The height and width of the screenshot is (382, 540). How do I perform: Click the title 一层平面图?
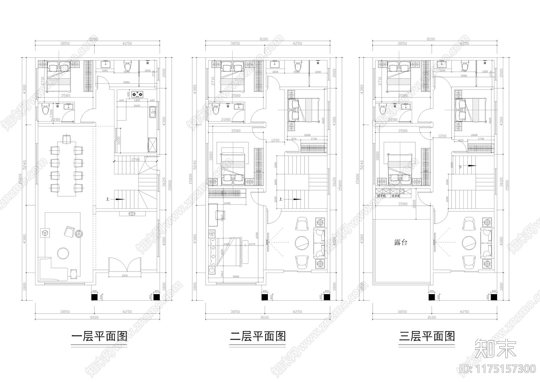[99, 336]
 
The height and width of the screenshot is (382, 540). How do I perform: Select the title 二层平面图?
[258, 336]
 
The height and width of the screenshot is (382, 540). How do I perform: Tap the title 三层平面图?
[427, 336]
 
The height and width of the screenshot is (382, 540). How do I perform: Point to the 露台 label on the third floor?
[401, 242]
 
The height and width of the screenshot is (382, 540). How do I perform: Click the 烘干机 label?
[381, 196]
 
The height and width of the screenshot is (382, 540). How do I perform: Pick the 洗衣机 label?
[396, 196]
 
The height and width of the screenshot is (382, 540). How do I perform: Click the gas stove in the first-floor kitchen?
[137, 94]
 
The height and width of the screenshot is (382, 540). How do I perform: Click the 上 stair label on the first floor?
[107, 199]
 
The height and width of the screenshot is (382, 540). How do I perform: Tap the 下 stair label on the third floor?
[460, 167]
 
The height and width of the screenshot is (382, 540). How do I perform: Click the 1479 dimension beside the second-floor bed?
[252, 244]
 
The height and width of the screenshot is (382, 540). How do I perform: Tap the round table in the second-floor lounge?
[301, 242]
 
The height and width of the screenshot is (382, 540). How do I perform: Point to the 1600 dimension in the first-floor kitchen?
[119, 140]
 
